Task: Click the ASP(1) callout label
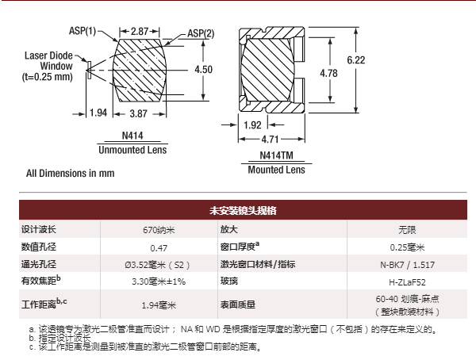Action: tap(83, 31)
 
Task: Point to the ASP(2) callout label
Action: tap(201, 33)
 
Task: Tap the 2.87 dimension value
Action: tap(140, 31)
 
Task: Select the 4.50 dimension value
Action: tap(203, 70)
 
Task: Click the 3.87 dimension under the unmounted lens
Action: tap(138, 114)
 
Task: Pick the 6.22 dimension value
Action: tap(356, 60)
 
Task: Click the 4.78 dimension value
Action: tap(328, 73)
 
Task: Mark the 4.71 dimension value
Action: tap(271, 140)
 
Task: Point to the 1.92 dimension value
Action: tap(252, 125)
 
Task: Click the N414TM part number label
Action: tap(277, 155)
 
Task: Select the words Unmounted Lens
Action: tap(132, 150)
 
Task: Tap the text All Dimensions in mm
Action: tap(71, 174)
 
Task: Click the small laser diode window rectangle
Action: tap(89, 71)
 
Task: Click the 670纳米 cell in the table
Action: tap(159, 230)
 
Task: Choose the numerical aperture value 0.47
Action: tap(159, 248)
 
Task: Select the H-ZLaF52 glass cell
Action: tap(407, 282)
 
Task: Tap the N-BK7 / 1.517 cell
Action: tap(407, 265)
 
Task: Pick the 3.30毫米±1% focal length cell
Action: tap(159, 281)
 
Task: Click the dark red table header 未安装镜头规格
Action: tap(243, 210)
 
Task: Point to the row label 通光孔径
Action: tap(39, 264)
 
